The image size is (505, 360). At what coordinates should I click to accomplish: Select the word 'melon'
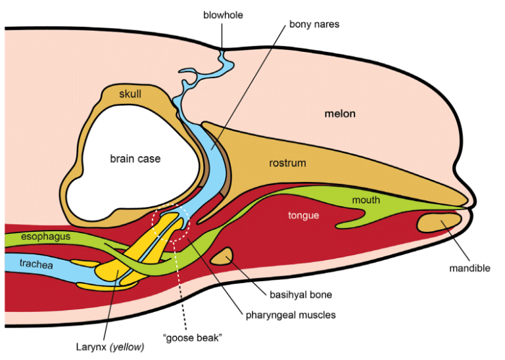tap(340, 114)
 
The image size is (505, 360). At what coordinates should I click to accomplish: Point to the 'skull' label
tap(130, 93)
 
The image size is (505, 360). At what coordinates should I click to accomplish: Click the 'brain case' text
tap(135, 158)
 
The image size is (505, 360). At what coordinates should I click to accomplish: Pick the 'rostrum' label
tap(287, 163)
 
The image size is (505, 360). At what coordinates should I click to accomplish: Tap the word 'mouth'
tap(366, 200)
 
